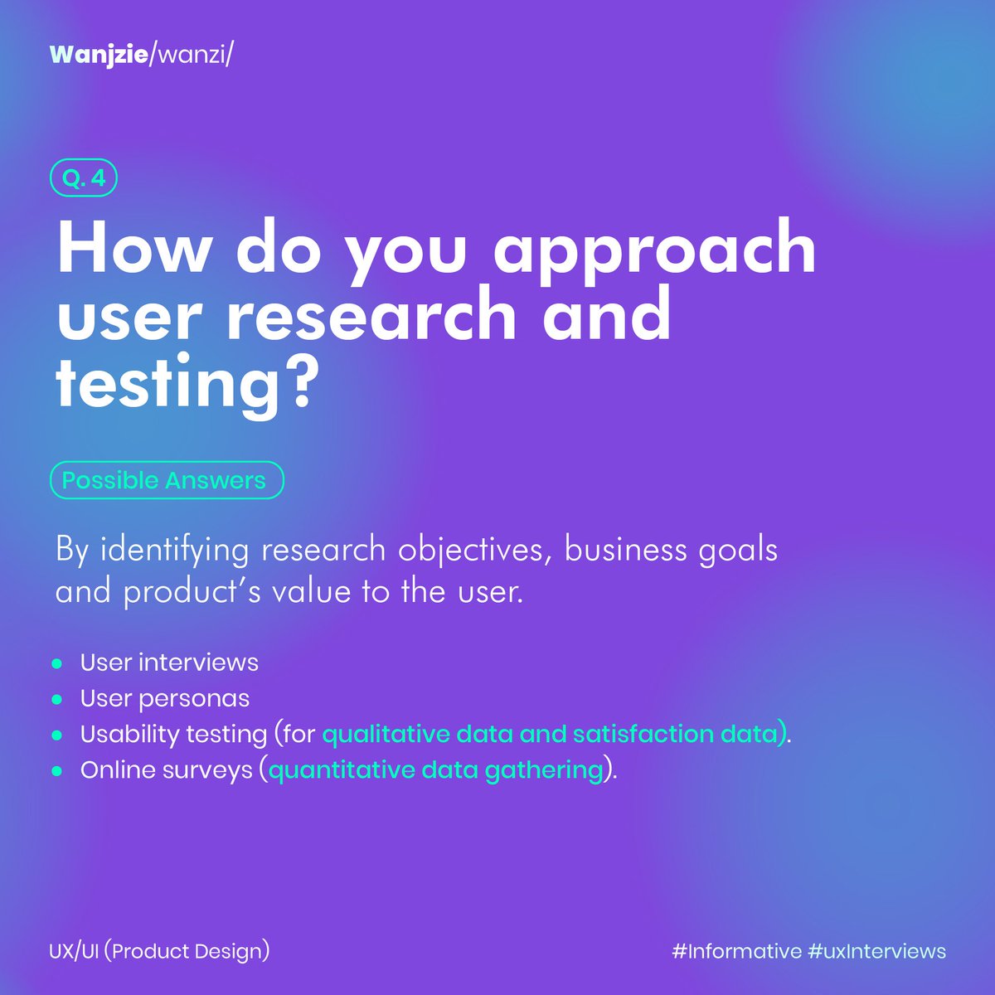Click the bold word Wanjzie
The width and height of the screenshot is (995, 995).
pyautogui.click(x=96, y=55)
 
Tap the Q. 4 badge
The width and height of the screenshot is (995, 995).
pyautogui.click(x=84, y=179)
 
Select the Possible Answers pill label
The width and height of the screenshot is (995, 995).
pyautogui.click(x=166, y=480)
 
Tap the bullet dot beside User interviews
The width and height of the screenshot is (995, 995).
pyautogui.click(x=57, y=663)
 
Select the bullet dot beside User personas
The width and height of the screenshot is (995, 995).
pyautogui.click(x=57, y=699)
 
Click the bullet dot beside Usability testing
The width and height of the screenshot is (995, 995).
pyautogui.click(x=57, y=735)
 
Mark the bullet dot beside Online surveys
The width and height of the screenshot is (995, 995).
pyautogui.click(x=57, y=770)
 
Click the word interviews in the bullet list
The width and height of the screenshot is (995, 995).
pyautogui.click(x=198, y=663)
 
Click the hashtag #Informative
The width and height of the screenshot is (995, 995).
pyautogui.click(x=736, y=951)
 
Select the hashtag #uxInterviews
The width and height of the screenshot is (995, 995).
pyautogui.click(x=877, y=951)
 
